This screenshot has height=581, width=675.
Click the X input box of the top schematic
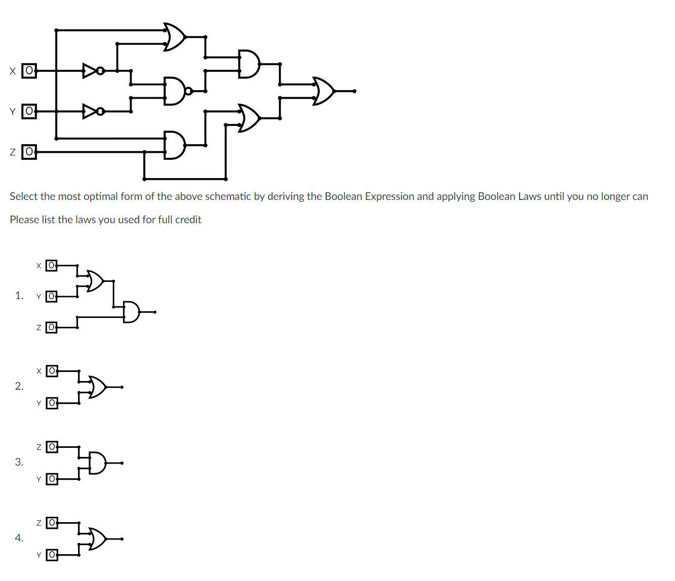29,70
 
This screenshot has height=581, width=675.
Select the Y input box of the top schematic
29,111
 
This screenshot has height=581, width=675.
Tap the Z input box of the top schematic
29,151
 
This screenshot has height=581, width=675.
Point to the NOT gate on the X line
91,70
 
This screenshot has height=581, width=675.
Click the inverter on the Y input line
91,111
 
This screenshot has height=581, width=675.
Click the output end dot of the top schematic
354,91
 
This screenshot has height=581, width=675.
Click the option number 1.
19,296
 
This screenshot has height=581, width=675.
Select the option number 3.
19,462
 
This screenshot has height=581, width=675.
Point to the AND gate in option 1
131,312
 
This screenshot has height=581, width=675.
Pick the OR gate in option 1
95,280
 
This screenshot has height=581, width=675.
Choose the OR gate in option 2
98,387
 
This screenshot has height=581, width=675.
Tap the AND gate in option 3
98,463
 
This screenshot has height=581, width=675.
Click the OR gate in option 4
98,539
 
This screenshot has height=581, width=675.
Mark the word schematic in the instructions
228,196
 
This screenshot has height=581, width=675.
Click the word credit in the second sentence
188,220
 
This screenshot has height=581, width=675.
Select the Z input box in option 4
52,523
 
